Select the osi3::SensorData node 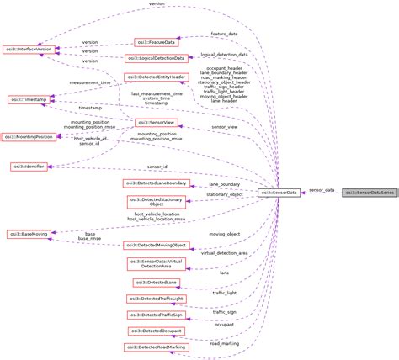278,193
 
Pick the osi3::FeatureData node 157,41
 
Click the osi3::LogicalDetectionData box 155,59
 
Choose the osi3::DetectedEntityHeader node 155,77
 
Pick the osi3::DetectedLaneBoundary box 155,183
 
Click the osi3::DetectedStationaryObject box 155,202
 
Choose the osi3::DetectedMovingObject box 155,245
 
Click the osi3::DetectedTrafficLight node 155,299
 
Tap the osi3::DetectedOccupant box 155,331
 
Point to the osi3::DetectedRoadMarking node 157,347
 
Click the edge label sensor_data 322,190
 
